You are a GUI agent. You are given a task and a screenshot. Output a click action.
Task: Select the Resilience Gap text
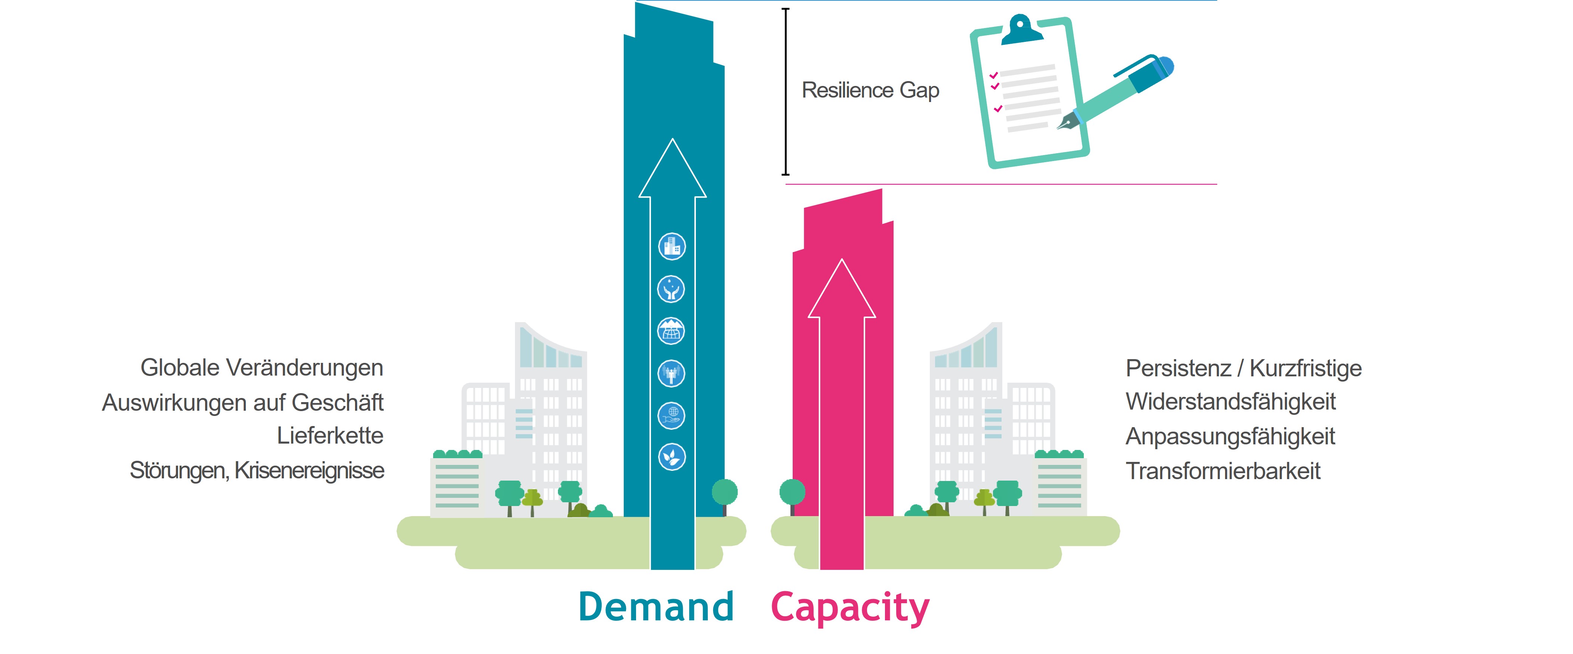[x=870, y=90]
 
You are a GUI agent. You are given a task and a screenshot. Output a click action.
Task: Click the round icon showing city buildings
[x=672, y=247]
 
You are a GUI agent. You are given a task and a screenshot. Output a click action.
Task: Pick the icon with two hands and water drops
[x=671, y=289]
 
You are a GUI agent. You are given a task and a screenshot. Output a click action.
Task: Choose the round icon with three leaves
[x=672, y=457]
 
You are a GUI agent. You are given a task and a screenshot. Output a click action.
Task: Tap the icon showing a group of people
[x=671, y=373]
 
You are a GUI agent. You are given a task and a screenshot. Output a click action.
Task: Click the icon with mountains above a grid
[x=671, y=331]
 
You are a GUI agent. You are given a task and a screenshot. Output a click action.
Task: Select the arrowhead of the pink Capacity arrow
[x=842, y=290]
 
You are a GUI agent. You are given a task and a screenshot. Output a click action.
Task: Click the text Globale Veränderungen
[x=262, y=368]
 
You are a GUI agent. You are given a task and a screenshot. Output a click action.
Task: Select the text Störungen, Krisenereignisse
[x=257, y=471]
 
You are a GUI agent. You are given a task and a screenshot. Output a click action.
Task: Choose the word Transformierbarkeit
[x=1223, y=471]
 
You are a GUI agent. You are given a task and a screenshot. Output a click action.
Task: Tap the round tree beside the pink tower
[x=793, y=492]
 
